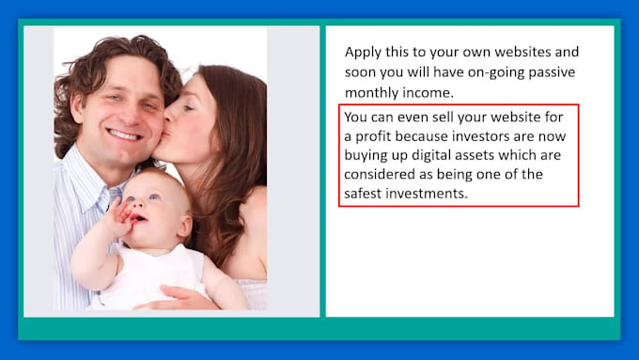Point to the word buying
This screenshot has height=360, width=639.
(364, 156)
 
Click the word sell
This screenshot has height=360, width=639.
(443, 117)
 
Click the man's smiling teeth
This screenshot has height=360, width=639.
(123, 135)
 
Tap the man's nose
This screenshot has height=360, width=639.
(129, 113)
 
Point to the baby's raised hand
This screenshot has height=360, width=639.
(118, 219)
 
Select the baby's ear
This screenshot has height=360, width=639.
(184, 227)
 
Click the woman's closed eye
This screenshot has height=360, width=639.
(187, 108)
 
